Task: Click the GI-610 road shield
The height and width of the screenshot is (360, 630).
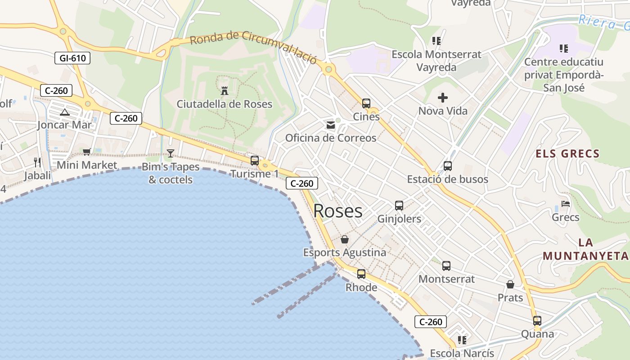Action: coord(72,58)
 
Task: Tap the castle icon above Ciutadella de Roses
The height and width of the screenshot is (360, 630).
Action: coord(225,90)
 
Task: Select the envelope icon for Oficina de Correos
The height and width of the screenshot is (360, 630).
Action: coord(331,125)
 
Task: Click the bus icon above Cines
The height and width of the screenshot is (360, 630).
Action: coord(366,103)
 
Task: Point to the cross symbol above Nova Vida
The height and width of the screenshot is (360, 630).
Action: coord(443,97)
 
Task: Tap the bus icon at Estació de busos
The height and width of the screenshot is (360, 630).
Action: coord(448,166)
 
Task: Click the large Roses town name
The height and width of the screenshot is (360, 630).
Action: coord(338,211)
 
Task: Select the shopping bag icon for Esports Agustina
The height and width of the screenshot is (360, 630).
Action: coord(345,239)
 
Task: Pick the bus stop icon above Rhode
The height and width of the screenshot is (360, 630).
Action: coord(361,274)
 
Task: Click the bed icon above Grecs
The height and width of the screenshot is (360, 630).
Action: coord(566,204)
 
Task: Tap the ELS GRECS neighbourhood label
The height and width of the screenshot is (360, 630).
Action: coord(567,154)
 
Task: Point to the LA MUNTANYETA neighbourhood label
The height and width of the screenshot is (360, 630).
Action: coord(585,249)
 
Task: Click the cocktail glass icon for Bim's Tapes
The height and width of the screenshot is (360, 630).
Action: coord(171,153)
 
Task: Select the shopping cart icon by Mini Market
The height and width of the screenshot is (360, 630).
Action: coord(87,152)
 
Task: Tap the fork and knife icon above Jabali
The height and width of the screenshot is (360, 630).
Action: coord(37,162)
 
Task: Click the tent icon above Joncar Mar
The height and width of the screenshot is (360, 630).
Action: coord(64,112)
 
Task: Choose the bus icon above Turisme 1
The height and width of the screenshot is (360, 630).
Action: coord(255,160)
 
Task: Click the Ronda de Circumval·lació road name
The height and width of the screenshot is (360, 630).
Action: coord(253,47)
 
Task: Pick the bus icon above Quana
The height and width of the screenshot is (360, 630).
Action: coord(537,321)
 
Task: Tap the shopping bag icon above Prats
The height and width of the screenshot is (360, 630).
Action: coord(510,284)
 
